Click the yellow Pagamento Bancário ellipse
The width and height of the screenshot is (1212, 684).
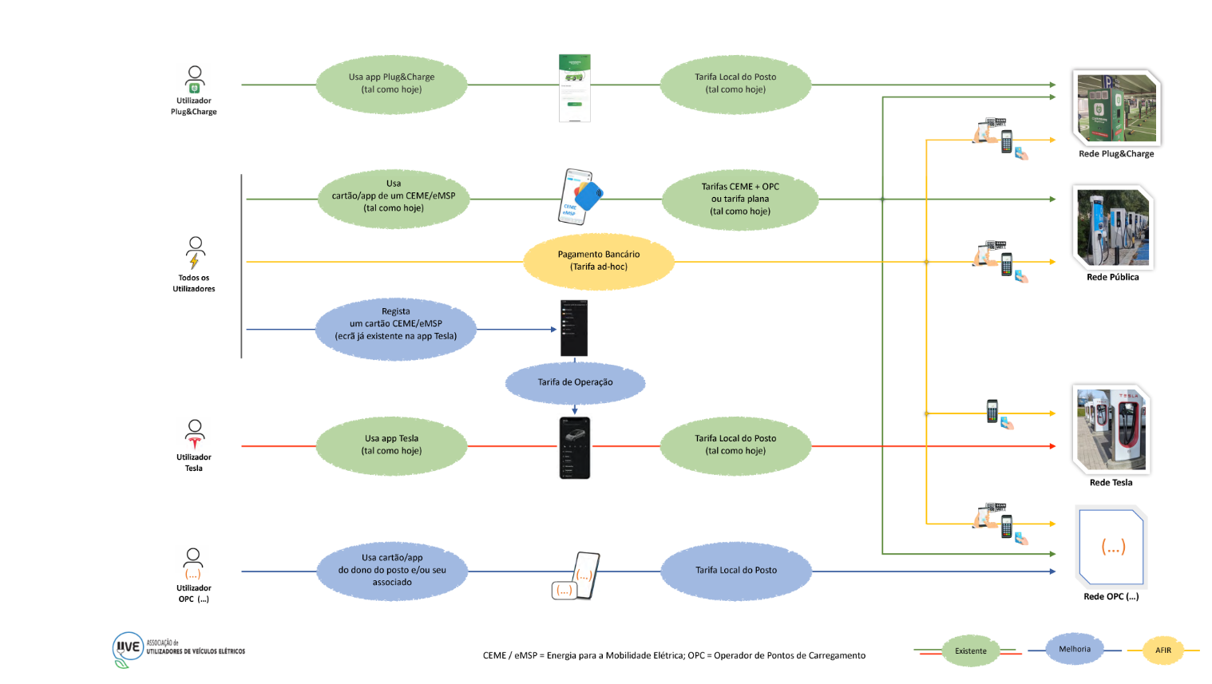point(599,261)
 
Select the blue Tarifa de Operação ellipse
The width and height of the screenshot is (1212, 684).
point(575,382)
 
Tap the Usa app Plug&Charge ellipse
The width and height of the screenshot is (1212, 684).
point(391,84)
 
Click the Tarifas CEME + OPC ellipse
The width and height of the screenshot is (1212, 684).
point(740,199)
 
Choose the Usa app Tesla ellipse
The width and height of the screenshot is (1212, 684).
point(391,445)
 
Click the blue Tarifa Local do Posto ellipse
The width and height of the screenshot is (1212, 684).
point(735,571)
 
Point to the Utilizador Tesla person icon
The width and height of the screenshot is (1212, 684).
point(195,434)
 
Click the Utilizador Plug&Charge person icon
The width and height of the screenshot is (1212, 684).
point(195,80)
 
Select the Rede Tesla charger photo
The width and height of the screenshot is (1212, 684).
point(1111,429)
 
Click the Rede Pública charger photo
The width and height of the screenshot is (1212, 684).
point(1113,227)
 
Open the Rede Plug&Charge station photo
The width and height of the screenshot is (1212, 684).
point(1116,108)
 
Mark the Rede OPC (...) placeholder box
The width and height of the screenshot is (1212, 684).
point(1112,548)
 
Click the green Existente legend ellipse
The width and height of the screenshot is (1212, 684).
point(971,651)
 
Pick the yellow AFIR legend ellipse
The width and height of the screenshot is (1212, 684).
point(1163,650)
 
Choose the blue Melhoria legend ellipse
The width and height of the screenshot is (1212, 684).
point(1075,650)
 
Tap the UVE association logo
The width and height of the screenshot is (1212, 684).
point(128,649)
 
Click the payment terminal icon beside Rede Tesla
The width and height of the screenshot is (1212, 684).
point(993,412)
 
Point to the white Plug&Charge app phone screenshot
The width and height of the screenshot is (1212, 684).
point(574,88)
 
